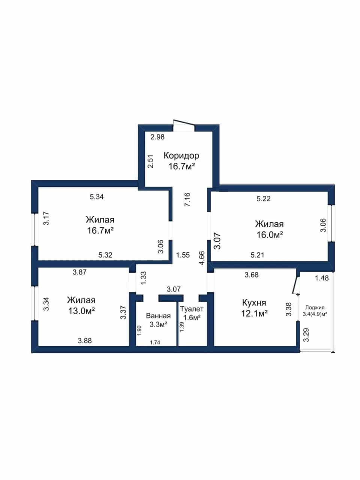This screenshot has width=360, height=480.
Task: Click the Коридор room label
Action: (x=181, y=156)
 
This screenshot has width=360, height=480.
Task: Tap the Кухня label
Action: (x=254, y=303)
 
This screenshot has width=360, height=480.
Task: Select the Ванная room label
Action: (x=158, y=316)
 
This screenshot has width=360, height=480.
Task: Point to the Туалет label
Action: (x=192, y=309)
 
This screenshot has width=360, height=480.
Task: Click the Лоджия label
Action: (x=315, y=307)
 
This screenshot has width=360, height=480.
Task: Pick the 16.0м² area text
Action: (x=270, y=235)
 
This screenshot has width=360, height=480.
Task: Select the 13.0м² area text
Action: (x=81, y=311)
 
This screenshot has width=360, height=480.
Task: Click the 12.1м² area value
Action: (x=254, y=314)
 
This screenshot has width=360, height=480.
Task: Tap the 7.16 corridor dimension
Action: (x=187, y=199)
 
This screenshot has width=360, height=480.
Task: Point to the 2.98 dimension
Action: (x=157, y=137)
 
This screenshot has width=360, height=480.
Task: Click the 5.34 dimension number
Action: (x=97, y=197)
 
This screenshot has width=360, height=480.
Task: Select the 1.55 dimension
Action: (x=183, y=255)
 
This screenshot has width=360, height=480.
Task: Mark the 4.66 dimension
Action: (x=202, y=258)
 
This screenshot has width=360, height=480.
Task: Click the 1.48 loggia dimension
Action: (x=321, y=278)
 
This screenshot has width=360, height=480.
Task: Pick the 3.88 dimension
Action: (x=85, y=341)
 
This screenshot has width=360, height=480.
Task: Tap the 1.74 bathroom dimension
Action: (x=155, y=342)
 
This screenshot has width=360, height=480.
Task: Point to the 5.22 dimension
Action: (x=263, y=198)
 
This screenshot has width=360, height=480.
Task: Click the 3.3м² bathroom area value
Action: (x=159, y=324)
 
